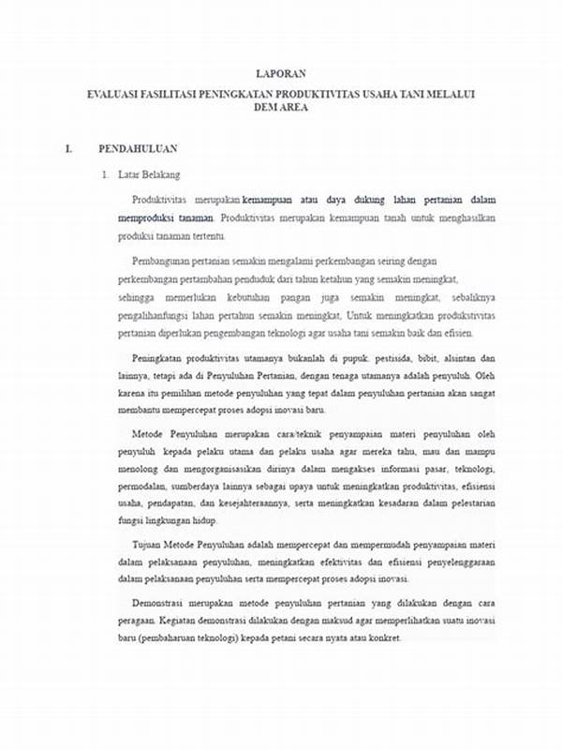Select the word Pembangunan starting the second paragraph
pos(164,260)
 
